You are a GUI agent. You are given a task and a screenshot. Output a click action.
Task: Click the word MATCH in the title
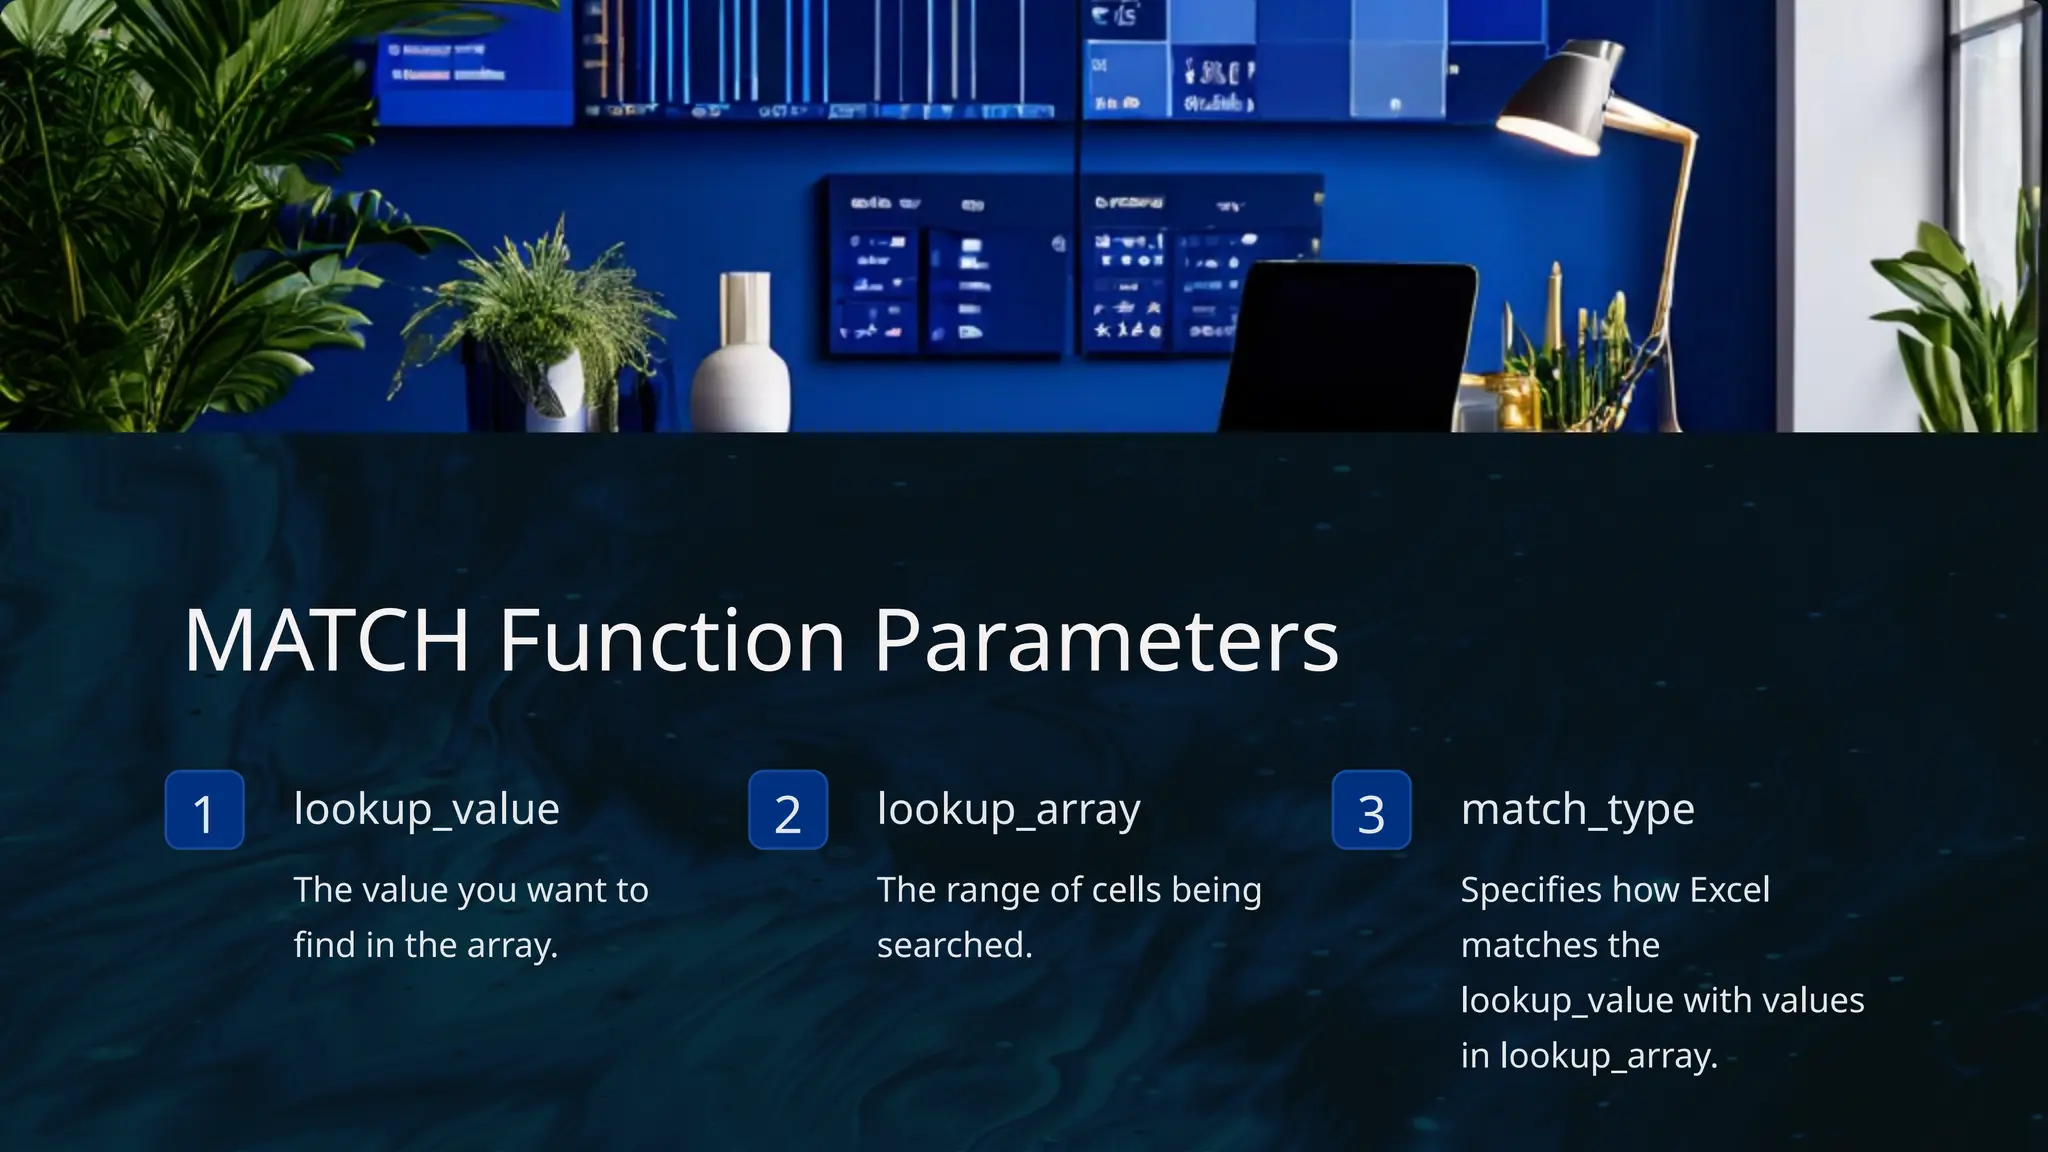[x=326, y=640]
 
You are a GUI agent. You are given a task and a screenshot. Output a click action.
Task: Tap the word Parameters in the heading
[x=1105, y=640]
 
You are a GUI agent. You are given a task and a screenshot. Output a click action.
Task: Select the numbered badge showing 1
[x=204, y=811]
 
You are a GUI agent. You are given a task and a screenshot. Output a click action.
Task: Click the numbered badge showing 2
[x=788, y=811]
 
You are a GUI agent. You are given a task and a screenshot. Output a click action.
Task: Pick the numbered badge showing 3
[x=1371, y=811]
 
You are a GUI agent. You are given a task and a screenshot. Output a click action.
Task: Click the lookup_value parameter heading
[x=426, y=809]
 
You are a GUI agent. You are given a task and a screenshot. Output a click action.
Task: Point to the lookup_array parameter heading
[x=1008, y=809]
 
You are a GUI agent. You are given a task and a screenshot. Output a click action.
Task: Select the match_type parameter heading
[x=1577, y=809]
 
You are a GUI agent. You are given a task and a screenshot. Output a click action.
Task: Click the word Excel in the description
[x=1729, y=889]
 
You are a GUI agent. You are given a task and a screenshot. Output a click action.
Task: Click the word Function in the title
[x=672, y=640]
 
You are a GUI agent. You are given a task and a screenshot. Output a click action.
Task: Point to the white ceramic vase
[x=741, y=360]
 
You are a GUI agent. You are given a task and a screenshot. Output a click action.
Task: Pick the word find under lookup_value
[x=324, y=945]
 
